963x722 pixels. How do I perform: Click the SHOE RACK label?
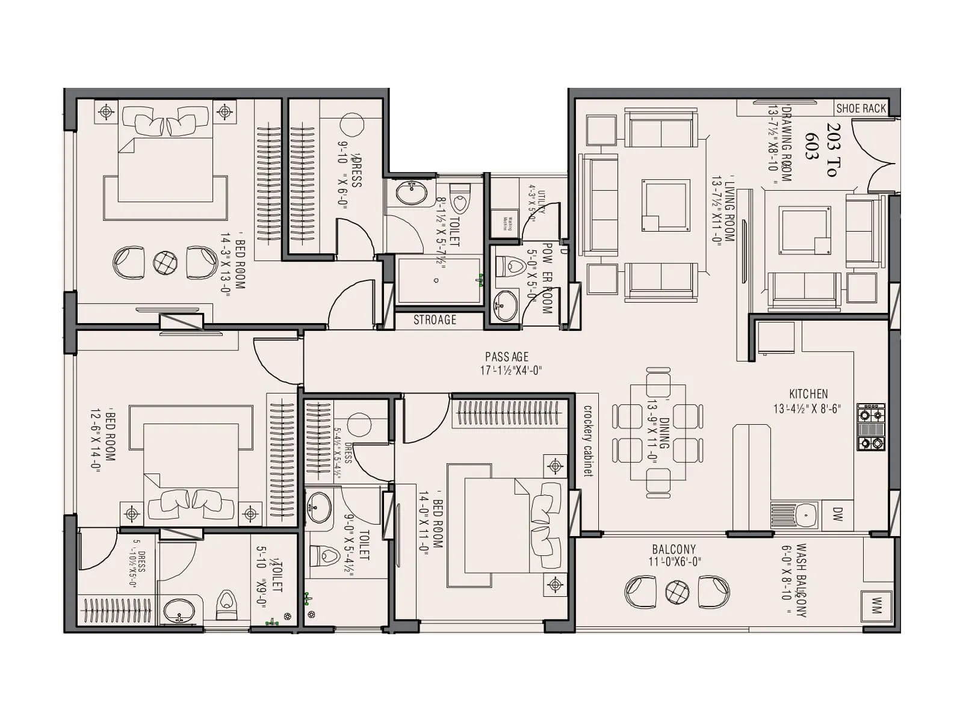pos(861,108)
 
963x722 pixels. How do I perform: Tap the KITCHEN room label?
pos(808,394)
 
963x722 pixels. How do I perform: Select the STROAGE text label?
pos(435,320)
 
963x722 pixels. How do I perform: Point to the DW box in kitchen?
pos(838,514)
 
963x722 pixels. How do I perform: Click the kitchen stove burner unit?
pos(871,427)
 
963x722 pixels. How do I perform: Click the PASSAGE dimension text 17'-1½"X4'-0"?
pos(511,371)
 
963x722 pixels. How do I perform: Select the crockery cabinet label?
pos(588,441)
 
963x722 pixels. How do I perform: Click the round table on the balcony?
pos(677,592)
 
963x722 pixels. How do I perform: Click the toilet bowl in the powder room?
pos(511,265)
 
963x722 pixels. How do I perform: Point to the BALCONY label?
pos(673,549)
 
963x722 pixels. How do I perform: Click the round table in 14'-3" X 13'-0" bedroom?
pos(165,262)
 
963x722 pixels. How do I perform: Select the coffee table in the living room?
pos(665,205)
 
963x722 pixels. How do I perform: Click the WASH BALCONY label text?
pos(801,581)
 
